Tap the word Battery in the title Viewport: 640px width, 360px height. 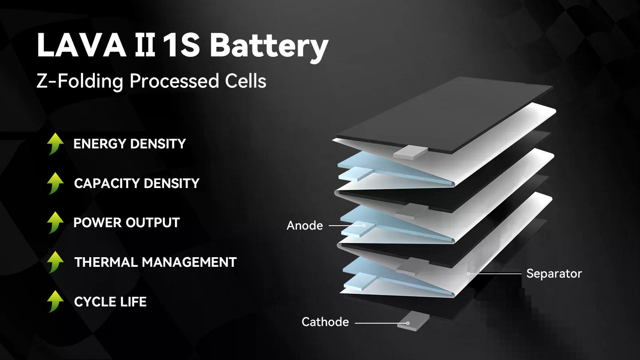(x=269, y=46)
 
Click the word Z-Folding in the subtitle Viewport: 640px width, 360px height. (x=80, y=81)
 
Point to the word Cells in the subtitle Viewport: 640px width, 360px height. (x=246, y=81)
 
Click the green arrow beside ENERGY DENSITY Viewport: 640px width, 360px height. (x=55, y=144)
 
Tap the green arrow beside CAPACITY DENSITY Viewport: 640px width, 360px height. (x=55, y=183)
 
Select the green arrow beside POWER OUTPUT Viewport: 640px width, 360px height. (x=55, y=222)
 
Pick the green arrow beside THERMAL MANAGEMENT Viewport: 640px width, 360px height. (x=55, y=262)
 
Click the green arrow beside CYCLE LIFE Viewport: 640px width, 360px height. (x=55, y=301)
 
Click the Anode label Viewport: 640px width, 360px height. (x=305, y=226)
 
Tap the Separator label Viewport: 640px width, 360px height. (x=554, y=274)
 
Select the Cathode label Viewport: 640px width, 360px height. (x=325, y=322)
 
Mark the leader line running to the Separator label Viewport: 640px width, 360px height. (x=496, y=274)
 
